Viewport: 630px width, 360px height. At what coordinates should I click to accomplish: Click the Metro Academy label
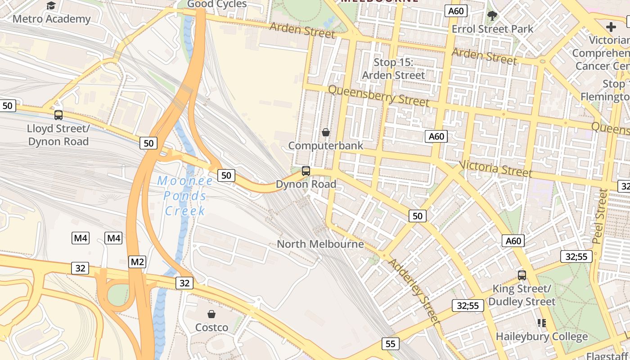pos(51,19)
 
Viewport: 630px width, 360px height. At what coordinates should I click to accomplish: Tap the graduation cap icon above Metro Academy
pos(51,5)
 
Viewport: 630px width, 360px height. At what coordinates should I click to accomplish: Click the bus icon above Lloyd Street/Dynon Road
pos(58,115)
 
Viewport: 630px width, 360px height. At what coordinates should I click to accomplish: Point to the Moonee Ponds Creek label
pos(185,196)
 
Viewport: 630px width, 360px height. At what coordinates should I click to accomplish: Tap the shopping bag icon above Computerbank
pos(326,132)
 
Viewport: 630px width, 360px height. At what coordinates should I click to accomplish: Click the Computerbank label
pos(325,146)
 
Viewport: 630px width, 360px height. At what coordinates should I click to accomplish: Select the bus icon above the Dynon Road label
pos(306,171)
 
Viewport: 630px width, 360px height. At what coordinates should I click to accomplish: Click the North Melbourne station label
pos(320,244)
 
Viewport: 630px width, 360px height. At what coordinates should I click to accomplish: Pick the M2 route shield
pos(137,261)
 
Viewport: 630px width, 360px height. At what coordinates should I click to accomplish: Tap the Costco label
pos(211,327)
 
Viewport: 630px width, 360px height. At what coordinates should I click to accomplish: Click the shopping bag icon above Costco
pos(211,314)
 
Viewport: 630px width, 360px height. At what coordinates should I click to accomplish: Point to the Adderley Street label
pos(414,291)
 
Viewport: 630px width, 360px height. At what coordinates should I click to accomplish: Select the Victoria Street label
pos(495,169)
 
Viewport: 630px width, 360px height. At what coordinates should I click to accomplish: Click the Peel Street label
pos(600,216)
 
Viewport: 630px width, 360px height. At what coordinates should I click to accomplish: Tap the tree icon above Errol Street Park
pos(492,16)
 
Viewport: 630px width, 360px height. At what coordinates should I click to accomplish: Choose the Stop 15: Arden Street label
pos(393,69)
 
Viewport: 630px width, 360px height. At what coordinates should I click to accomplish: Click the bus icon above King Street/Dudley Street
pos(522,275)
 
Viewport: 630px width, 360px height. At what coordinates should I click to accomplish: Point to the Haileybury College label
pos(541,336)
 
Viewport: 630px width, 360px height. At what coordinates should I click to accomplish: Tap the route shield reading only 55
pos(390,344)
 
